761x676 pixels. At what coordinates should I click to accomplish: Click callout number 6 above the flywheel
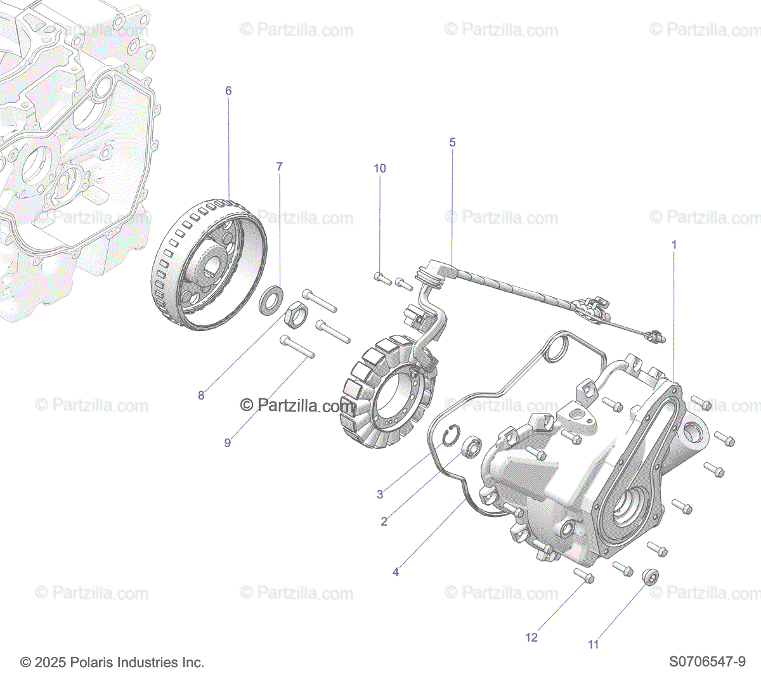pyautogui.click(x=228, y=91)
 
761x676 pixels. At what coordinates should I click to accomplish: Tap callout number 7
pyautogui.click(x=279, y=167)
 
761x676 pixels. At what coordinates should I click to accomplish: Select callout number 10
pyautogui.click(x=380, y=168)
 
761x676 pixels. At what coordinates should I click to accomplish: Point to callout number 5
pyautogui.click(x=452, y=142)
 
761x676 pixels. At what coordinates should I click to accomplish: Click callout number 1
pyautogui.click(x=674, y=245)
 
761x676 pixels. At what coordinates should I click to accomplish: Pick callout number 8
pyautogui.click(x=201, y=395)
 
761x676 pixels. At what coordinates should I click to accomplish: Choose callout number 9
pyautogui.click(x=228, y=443)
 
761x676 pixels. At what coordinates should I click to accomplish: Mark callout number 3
pyautogui.click(x=380, y=494)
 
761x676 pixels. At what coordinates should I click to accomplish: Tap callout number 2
pyautogui.click(x=384, y=521)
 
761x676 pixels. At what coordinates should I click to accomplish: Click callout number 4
pyautogui.click(x=396, y=572)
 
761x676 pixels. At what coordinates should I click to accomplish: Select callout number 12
pyautogui.click(x=531, y=637)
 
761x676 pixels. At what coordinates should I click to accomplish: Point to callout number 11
pyautogui.click(x=594, y=644)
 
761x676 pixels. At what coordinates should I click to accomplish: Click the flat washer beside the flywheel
pyautogui.click(x=271, y=301)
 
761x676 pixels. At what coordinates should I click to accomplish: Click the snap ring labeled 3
pyautogui.click(x=451, y=436)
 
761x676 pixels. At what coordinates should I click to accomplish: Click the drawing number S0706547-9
pyautogui.click(x=707, y=661)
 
